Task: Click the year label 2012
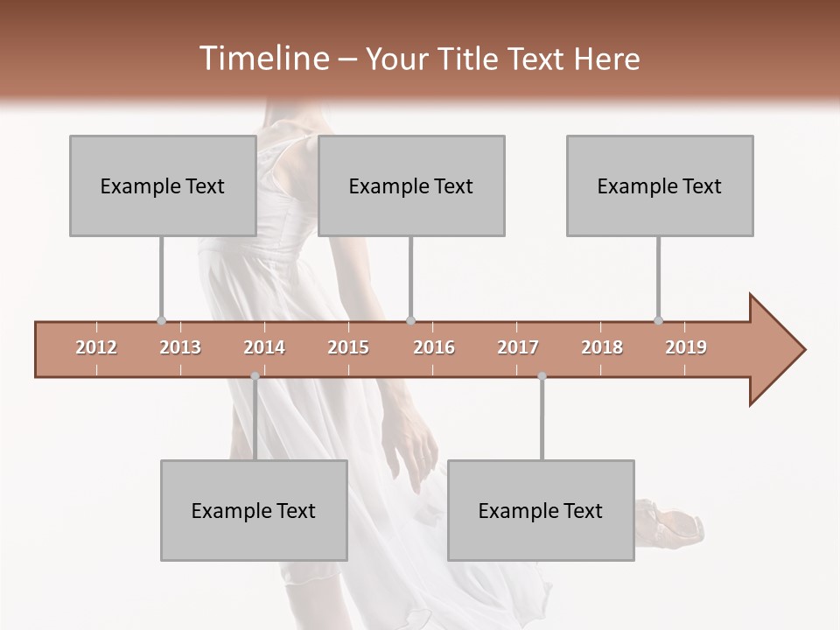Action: point(96,347)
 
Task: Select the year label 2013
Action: point(180,347)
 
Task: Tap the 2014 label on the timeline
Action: point(264,347)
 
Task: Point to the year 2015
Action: point(348,347)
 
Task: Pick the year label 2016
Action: point(434,347)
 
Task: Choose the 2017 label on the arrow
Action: point(518,347)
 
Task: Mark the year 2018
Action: point(602,347)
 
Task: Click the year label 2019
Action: point(686,347)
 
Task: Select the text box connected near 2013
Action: point(163,185)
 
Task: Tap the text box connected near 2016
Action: point(411,185)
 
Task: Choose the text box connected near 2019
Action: point(660,185)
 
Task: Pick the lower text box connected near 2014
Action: point(254,510)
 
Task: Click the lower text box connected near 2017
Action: point(541,510)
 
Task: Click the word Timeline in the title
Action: point(262,59)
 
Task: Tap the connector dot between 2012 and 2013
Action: point(161,321)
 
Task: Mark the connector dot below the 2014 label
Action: point(255,376)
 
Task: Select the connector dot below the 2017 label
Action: point(542,376)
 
